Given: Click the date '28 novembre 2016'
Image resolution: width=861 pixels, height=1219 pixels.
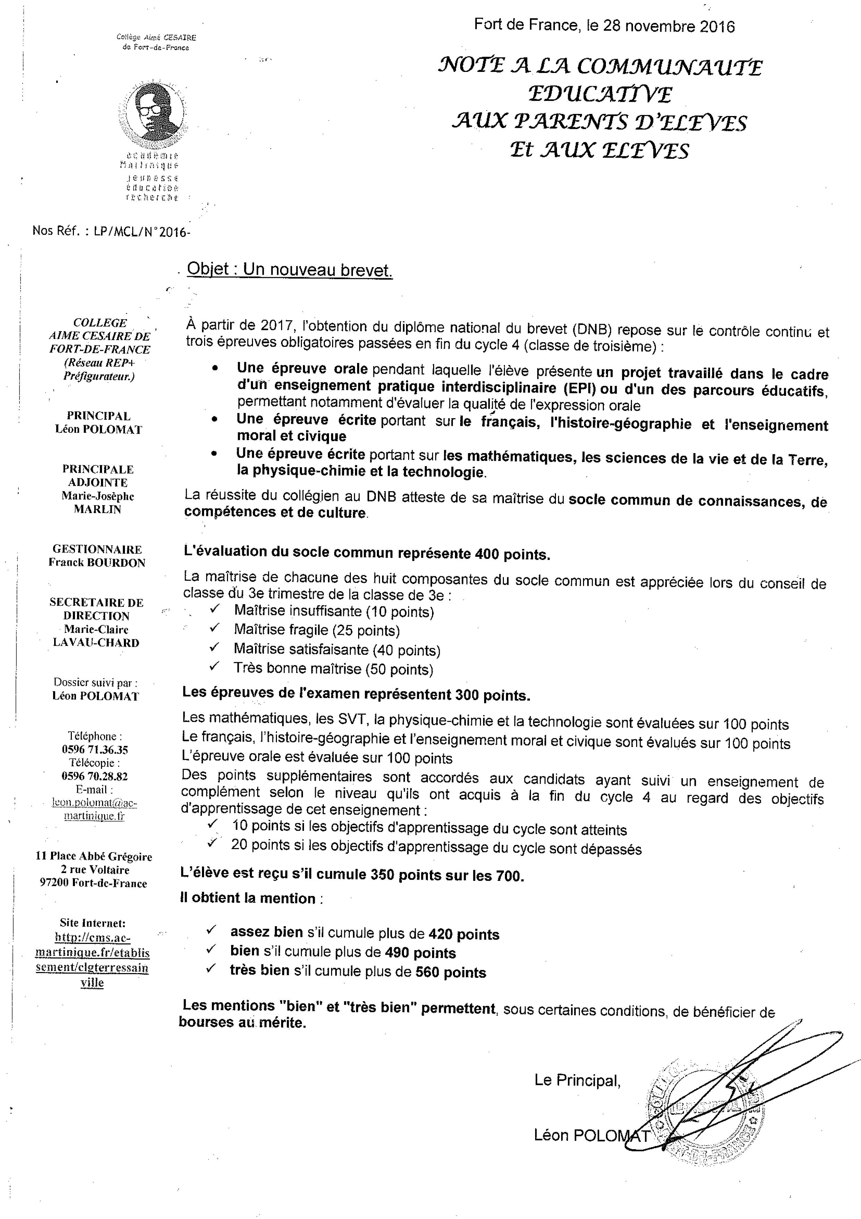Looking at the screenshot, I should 668,26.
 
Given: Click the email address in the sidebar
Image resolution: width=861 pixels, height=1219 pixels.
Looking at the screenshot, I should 94,809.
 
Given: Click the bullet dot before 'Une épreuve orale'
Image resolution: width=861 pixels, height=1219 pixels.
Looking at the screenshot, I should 214,368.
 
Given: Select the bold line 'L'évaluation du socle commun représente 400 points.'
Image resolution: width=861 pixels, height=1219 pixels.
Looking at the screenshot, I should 366,553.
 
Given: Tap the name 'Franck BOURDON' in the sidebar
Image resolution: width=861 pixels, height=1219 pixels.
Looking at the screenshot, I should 97,563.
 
